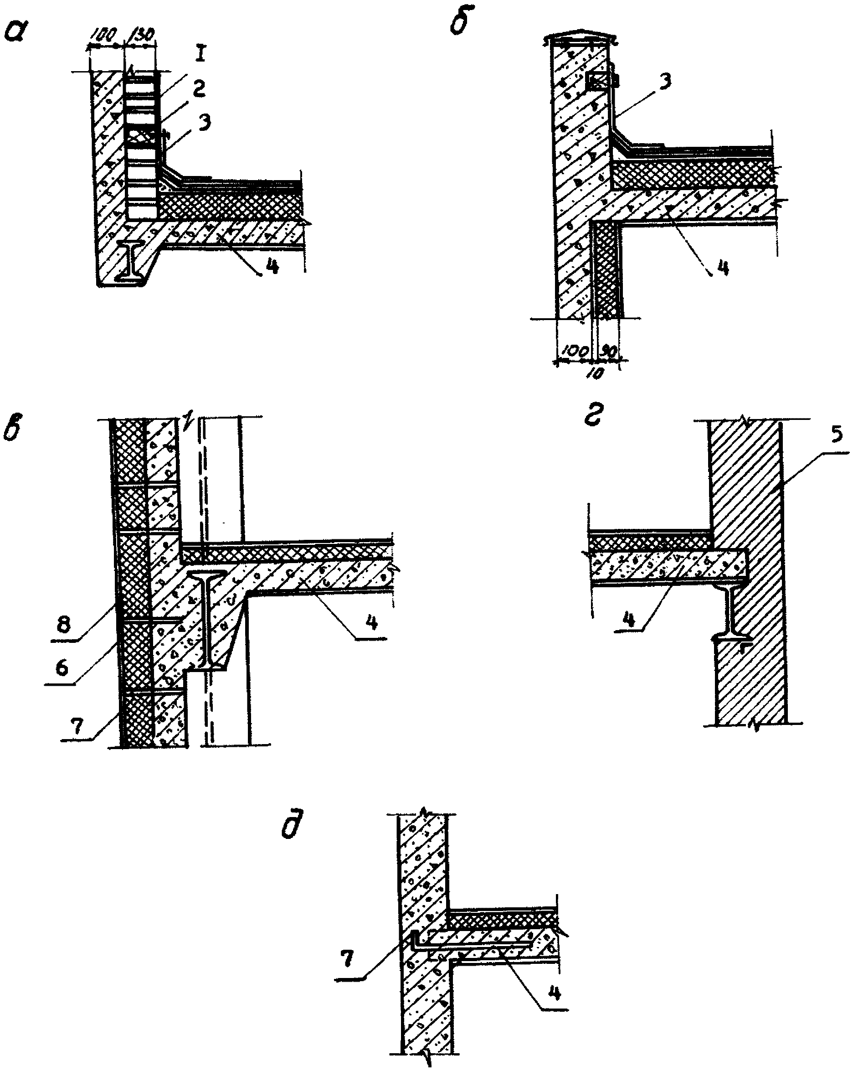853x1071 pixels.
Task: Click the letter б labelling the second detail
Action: [459, 23]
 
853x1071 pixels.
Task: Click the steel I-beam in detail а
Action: [131, 261]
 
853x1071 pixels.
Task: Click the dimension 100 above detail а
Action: [103, 34]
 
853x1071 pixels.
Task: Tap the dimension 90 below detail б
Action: [610, 351]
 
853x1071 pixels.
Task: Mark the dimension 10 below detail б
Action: [597, 373]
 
